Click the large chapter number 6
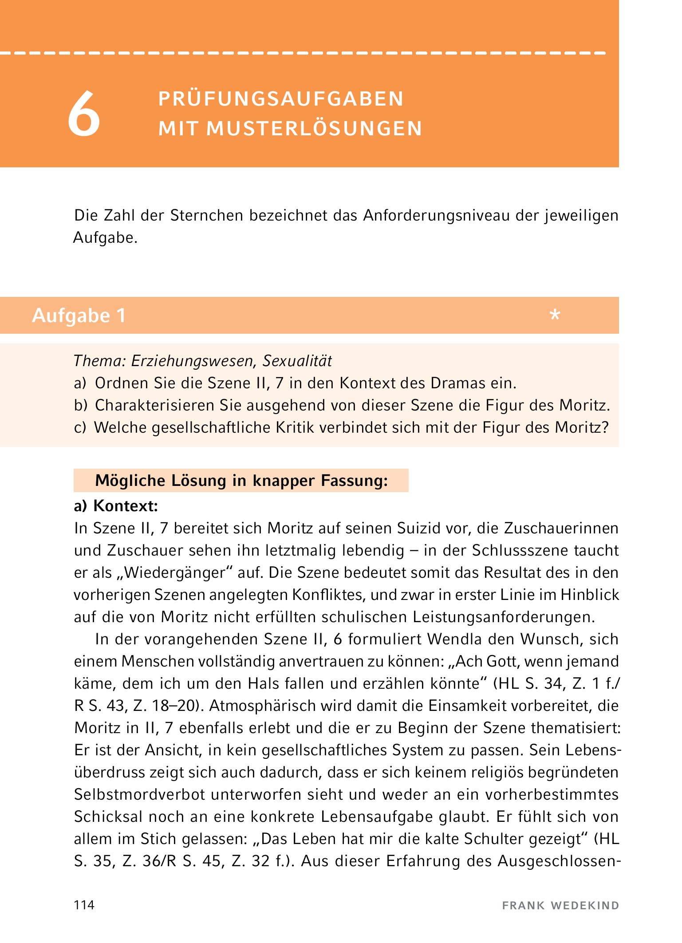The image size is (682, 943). click(84, 114)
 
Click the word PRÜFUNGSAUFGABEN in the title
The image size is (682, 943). click(281, 99)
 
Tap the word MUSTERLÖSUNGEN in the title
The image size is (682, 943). click(314, 129)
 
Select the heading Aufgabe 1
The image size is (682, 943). click(79, 316)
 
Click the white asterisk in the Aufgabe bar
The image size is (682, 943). click(555, 316)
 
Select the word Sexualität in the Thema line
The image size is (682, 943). click(297, 361)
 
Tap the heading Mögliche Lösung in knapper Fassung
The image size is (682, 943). click(241, 481)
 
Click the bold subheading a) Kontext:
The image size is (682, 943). click(116, 506)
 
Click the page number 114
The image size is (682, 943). click(84, 905)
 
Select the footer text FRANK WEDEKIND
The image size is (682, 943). click(560, 906)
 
